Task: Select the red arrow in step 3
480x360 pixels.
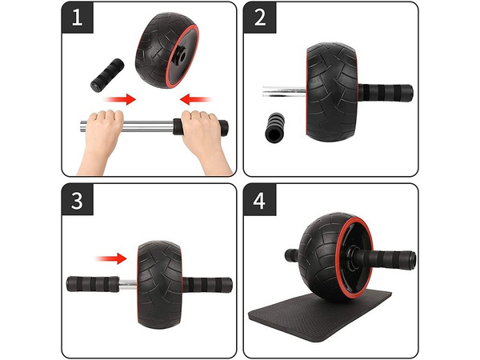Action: (x=112, y=258)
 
